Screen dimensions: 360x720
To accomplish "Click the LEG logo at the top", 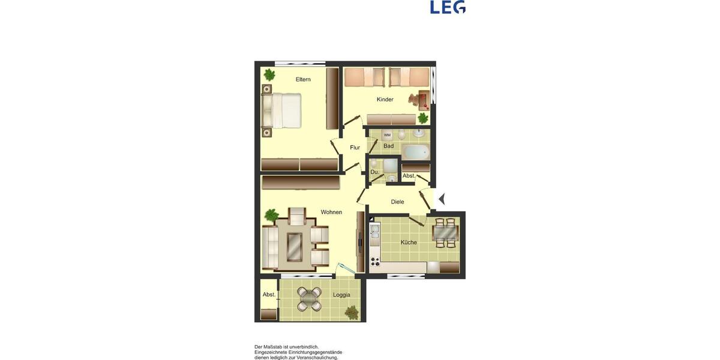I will tap(448, 7).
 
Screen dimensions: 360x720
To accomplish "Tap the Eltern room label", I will tap(303, 79).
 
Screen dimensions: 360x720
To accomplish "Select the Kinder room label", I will tap(385, 100).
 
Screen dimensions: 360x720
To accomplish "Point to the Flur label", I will tap(355, 147).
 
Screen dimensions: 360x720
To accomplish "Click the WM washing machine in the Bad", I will tap(387, 135).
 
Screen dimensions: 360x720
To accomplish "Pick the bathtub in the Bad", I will tap(415, 151).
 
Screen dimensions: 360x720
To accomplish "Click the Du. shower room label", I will tap(374, 172).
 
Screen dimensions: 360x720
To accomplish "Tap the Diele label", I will tap(397, 202).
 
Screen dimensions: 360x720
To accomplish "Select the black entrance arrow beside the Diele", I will tap(442, 199).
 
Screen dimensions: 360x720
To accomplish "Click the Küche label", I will tap(409, 242).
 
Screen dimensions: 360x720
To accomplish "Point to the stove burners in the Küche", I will tap(375, 261).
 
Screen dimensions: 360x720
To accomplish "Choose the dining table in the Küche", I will tap(445, 232).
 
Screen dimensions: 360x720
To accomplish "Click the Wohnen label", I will tap(331, 212).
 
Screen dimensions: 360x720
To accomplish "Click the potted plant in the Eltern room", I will tap(269, 75).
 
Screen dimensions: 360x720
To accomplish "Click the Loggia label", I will tap(341, 295).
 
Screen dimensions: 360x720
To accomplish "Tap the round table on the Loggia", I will tap(309, 298).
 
